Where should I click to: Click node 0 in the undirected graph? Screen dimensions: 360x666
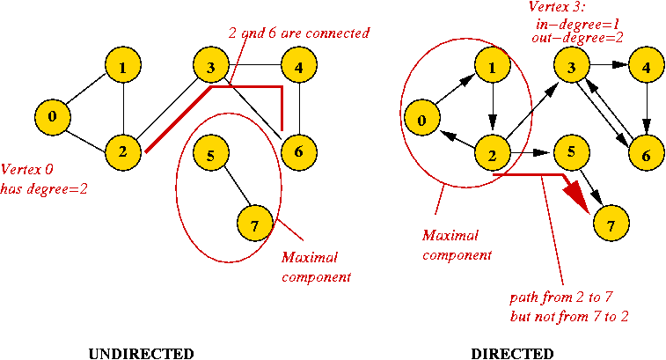coord(53,116)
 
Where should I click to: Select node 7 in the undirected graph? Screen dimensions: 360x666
coord(254,226)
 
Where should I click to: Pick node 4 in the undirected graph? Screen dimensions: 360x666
coord(299,67)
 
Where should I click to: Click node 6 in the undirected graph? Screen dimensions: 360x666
coord(298,152)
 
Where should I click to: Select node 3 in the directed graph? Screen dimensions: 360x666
coord(571,67)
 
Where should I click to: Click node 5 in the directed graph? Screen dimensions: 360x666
coord(571,152)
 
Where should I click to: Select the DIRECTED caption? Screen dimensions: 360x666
coord(512,354)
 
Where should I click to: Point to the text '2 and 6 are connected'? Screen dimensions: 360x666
coord(298,33)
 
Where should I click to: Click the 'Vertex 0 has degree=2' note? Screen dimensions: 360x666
coord(44,178)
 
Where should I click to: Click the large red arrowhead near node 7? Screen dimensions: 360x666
coord(582,195)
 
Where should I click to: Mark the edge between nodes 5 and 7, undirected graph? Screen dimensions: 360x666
coord(232,190)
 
